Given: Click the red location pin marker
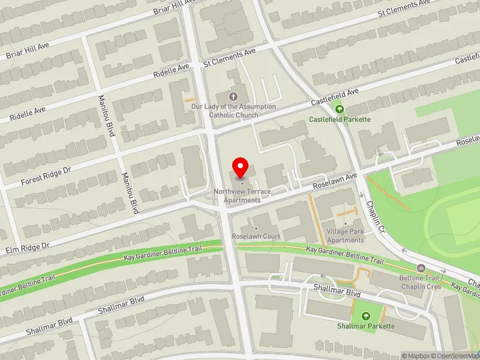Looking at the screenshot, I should [x=241, y=167].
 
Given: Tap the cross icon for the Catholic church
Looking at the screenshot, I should [x=233, y=96].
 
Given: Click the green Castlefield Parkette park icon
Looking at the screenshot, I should [x=340, y=109].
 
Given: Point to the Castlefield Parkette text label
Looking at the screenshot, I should [x=340, y=119].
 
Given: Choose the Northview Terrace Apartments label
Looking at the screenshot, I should [x=242, y=195].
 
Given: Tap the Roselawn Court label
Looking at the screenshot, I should [x=256, y=236].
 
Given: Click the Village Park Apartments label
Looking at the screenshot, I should [x=346, y=236].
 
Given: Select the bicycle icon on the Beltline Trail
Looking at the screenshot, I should [x=421, y=268].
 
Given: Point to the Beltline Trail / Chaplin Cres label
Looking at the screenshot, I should [x=421, y=283].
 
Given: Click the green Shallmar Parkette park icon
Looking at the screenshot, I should [x=365, y=315].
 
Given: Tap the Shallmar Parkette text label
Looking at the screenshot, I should [x=365, y=326].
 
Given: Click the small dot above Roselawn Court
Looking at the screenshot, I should [x=256, y=229].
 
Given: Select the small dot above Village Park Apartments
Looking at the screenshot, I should [x=346, y=224].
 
